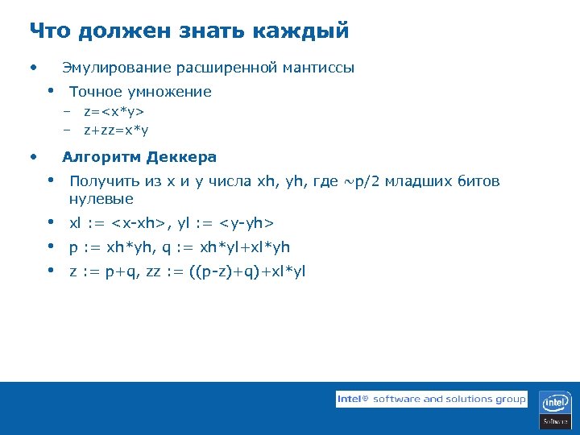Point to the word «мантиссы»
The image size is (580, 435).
tap(318, 68)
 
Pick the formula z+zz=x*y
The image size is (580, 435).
tap(116, 129)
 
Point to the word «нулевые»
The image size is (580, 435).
tap(101, 199)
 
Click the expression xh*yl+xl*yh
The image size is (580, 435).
tap(244, 247)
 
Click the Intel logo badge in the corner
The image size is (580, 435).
tap(555, 408)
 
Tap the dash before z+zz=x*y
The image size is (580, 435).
tap(68, 129)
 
